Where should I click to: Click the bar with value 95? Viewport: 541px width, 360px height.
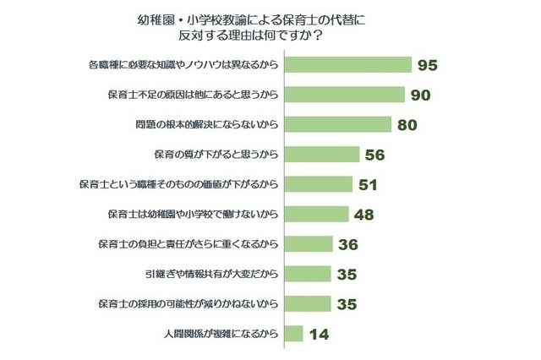tap(347, 65)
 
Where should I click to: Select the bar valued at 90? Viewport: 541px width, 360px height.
tap(343, 95)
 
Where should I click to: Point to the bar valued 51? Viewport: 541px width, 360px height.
tap(316, 184)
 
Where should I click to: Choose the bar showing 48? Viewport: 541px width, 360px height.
tap(314, 214)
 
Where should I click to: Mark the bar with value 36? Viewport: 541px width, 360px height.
tap(306, 244)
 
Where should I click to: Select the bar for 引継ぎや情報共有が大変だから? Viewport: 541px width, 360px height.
tap(305, 274)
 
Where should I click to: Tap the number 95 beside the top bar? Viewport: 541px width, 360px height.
tap(426, 65)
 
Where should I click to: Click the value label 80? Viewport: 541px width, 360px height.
tap(408, 124)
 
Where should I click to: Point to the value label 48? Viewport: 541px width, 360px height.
tap(364, 215)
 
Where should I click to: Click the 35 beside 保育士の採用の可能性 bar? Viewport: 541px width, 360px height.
tap(347, 304)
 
